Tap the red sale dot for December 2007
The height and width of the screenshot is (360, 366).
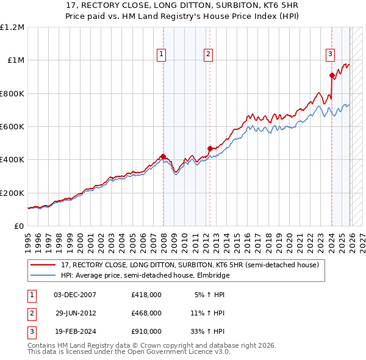point(163,156)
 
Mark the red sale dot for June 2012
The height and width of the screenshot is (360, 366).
point(210,148)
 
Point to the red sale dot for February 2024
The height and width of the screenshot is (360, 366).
point(332,75)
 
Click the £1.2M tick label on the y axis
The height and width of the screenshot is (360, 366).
point(12,27)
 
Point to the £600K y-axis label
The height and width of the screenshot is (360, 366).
point(12,127)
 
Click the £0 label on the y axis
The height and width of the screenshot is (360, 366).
point(19,226)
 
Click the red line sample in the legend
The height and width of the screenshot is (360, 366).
point(44,265)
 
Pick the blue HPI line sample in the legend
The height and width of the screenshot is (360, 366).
point(44,275)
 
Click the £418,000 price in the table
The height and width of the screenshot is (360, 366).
point(146,295)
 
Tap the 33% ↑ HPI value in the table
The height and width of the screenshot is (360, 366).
point(207,331)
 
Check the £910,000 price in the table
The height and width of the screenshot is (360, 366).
point(146,331)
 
